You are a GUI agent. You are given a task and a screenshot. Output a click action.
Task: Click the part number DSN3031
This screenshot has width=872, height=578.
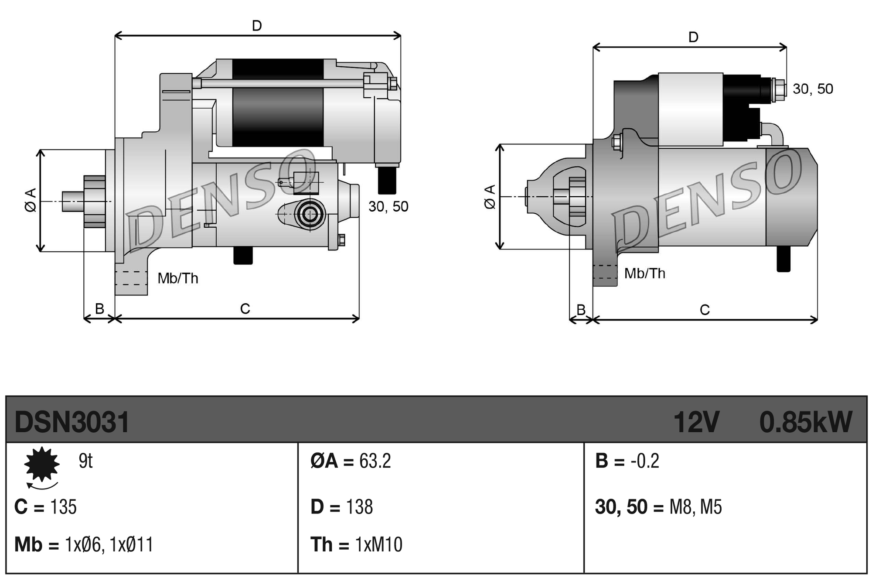(x=72, y=422)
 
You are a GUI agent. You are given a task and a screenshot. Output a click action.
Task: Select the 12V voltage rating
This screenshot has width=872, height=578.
(x=696, y=422)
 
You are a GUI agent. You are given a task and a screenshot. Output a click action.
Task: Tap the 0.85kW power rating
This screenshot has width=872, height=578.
(x=805, y=422)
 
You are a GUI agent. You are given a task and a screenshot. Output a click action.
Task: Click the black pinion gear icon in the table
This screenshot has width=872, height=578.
(x=42, y=464)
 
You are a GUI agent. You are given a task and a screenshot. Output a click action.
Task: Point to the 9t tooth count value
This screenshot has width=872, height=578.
(x=85, y=461)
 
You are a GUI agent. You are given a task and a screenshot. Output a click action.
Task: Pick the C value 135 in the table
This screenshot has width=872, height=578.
(x=64, y=507)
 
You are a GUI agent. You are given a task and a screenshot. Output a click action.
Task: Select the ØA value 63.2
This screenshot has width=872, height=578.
(x=375, y=461)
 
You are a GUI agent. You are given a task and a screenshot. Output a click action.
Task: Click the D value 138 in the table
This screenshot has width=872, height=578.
(x=359, y=507)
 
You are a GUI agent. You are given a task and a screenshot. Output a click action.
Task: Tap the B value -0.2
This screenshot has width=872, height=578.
(x=645, y=461)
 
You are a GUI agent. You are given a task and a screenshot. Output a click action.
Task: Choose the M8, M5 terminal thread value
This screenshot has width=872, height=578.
(x=695, y=507)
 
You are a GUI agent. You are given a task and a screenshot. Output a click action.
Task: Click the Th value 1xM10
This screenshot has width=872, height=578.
(x=378, y=544)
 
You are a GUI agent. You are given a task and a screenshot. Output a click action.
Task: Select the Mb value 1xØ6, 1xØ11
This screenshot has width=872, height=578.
(x=109, y=544)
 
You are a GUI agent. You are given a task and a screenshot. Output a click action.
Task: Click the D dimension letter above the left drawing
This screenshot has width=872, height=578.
(x=257, y=26)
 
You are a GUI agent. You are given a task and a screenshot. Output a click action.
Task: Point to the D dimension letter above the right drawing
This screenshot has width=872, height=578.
(x=693, y=37)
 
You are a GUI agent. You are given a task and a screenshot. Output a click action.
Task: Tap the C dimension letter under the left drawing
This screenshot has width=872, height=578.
(x=245, y=309)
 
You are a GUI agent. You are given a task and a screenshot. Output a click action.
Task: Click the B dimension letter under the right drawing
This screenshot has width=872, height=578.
(x=581, y=310)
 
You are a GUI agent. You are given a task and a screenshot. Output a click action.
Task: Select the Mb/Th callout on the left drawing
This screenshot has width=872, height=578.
(x=178, y=278)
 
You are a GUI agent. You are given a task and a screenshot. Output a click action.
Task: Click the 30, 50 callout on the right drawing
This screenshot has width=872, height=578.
(x=813, y=89)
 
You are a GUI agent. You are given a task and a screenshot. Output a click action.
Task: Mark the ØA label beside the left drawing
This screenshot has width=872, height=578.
(x=31, y=200)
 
